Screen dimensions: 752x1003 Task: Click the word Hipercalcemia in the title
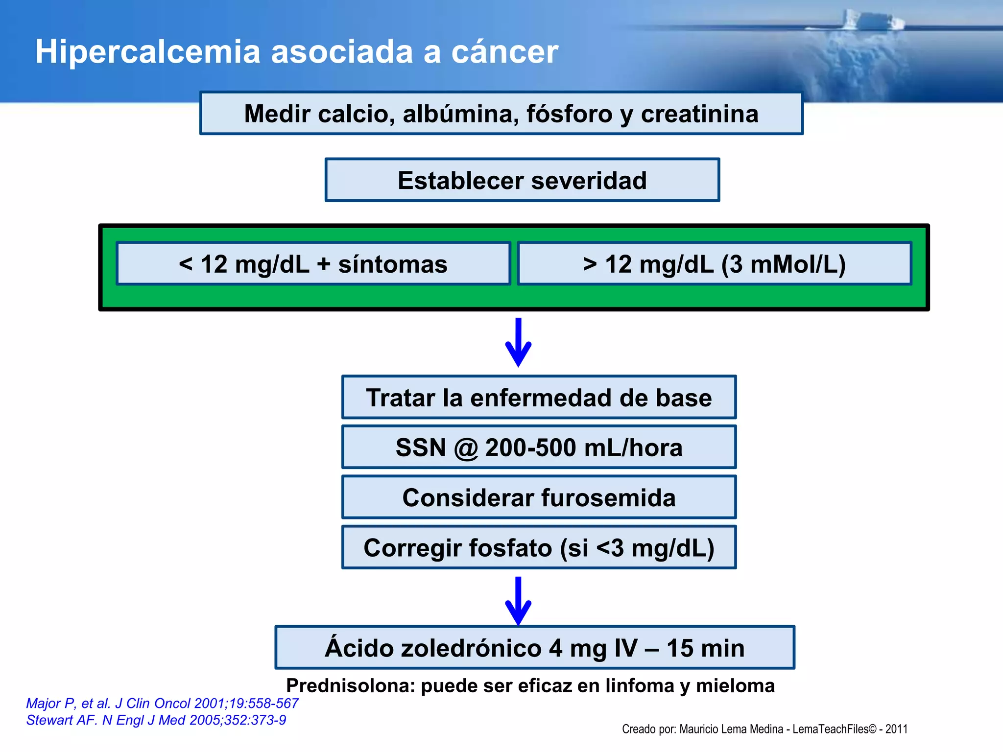tap(147, 51)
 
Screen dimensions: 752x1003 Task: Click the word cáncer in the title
tap(504, 51)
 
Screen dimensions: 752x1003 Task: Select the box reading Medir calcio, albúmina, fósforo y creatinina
tap(501, 114)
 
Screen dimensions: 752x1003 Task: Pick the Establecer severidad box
tap(522, 180)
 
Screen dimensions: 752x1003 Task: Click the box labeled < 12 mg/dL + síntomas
tap(313, 264)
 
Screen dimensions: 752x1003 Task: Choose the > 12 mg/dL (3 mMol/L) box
tap(714, 264)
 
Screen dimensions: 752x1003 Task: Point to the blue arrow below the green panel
tap(518, 343)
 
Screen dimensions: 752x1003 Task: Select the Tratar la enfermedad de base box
tap(539, 398)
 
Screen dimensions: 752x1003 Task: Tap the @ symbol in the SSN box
tap(465, 448)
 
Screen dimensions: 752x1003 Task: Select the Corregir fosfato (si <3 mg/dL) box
tap(539, 547)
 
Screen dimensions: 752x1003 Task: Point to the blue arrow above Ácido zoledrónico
tap(518, 601)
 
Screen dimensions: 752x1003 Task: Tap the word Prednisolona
tap(350, 685)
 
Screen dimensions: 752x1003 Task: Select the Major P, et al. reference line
tap(162, 703)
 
